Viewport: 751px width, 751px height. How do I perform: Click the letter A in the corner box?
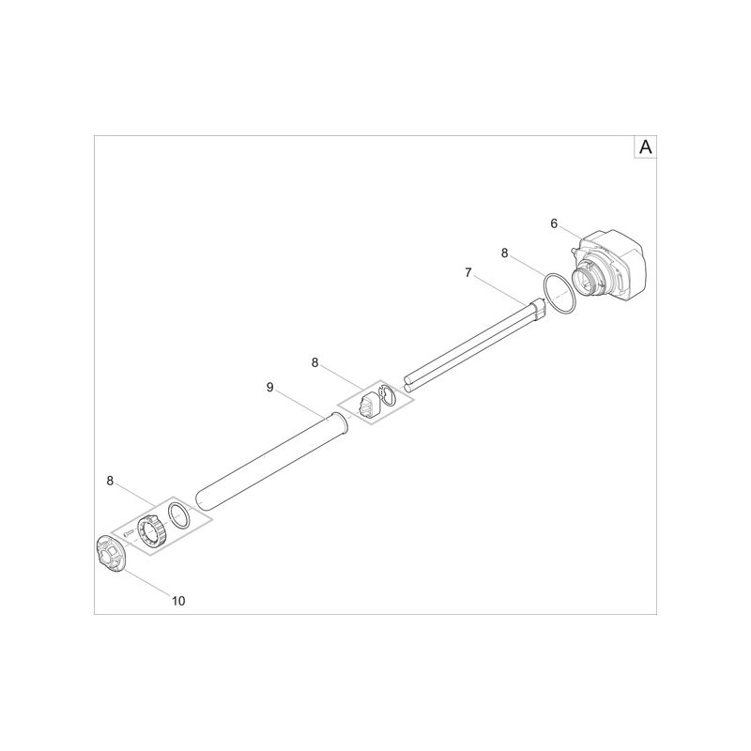pos(645,147)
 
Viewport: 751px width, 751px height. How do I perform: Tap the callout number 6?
pos(554,223)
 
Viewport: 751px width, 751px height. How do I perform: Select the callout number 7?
pos(468,272)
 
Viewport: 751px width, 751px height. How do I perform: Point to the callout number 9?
pos(270,387)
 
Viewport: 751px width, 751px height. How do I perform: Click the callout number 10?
pos(178,601)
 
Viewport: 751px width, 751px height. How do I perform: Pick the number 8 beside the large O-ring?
pos(504,253)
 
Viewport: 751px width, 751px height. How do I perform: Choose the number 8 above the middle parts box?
pos(314,362)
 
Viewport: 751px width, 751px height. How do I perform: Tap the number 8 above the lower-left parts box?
pos(110,481)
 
